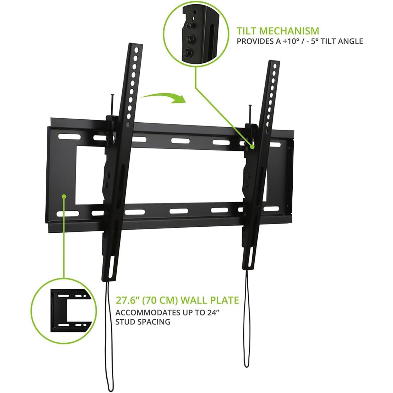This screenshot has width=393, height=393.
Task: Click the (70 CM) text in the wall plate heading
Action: (160, 300)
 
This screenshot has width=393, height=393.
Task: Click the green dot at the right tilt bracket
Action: (252, 147)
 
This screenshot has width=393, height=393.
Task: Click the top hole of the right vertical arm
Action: (275, 65)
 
